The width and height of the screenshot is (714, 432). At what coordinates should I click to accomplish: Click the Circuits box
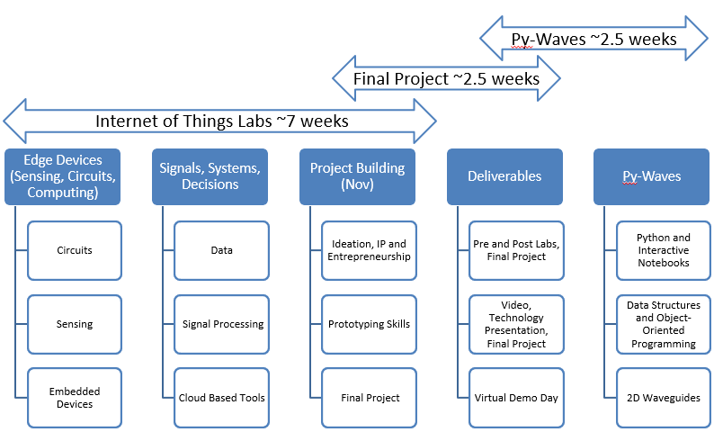point(75,250)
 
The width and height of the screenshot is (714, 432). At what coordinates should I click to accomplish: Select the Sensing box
point(75,324)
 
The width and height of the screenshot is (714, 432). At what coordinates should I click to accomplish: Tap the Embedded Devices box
point(75,398)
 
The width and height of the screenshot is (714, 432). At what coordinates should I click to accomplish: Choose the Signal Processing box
point(222,324)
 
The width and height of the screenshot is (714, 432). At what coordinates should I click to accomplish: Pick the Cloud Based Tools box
point(222,398)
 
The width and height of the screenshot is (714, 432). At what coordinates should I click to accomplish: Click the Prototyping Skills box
point(370,324)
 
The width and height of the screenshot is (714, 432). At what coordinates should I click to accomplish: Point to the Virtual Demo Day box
point(516,398)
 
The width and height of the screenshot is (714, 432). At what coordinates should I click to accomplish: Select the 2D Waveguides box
point(664,398)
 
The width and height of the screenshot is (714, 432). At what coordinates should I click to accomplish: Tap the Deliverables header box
point(504,176)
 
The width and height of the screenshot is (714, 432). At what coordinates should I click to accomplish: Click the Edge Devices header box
point(62,176)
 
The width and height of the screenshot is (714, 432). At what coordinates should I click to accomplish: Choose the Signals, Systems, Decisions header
point(210,176)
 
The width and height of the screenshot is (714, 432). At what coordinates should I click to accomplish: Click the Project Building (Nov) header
point(358,176)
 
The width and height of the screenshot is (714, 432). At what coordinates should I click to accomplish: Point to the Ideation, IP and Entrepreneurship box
point(370,250)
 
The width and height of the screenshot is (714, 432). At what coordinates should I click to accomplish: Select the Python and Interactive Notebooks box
point(664,250)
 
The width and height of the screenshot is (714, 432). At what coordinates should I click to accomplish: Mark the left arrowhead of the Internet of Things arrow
point(14,121)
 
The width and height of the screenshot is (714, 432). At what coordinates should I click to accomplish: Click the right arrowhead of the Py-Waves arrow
point(697,39)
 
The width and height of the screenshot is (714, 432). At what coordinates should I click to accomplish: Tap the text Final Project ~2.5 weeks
point(446,79)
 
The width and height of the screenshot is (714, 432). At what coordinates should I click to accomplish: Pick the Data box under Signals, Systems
point(222,250)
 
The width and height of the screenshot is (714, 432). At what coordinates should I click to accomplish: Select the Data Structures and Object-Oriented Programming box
point(664,324)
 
